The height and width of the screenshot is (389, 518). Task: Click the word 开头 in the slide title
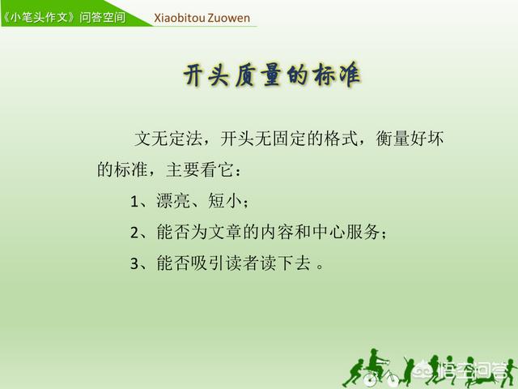tap(206, 75)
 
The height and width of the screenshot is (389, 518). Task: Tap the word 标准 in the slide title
tap(338, 75)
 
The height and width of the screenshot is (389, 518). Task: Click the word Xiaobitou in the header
tap(180, 18)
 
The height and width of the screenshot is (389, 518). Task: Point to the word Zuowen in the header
tap(229, 18)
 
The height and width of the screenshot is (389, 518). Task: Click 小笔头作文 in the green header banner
tap(40, 17)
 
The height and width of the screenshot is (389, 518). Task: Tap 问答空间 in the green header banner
tap(103, 17)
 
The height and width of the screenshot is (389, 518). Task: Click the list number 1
tap(134, 201)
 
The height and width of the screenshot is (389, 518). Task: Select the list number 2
tap(134, 233)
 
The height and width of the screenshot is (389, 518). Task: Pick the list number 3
tap(134, 263)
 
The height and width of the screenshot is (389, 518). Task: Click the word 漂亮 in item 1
tap(172, 200)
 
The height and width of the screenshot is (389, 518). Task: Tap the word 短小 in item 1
tap(225, 200)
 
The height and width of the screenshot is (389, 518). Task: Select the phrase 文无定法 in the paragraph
tap(168, 138)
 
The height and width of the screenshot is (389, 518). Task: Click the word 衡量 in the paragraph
tap(393, 138)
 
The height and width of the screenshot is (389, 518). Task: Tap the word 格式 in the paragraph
tap(341, 138)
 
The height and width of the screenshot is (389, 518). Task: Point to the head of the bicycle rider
tap(374, 353)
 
